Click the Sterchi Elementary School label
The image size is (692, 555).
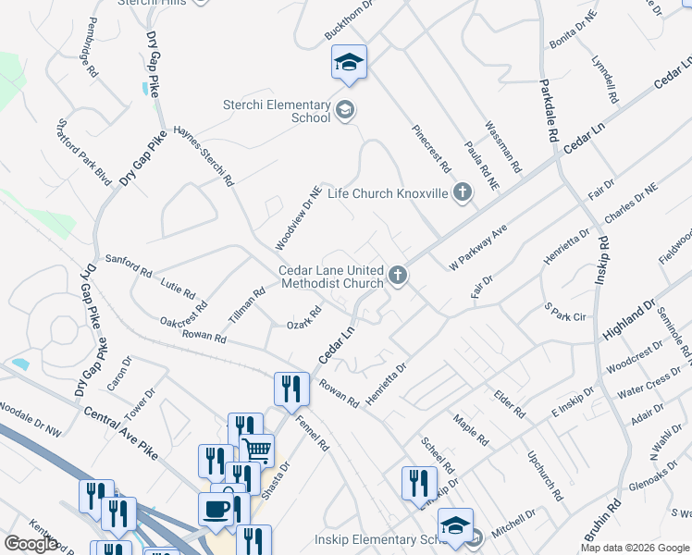click(x=276, y=111)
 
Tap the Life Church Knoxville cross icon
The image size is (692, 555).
click(x=463, y=192)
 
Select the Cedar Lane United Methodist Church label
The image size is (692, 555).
click(x=331, y=277)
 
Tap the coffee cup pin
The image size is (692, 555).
click(x=216, y=509)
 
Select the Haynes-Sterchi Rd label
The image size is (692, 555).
click(x=203, y=157)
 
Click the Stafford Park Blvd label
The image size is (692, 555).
click(x=84, y=151)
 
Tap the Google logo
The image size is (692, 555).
click(x=31, y=544)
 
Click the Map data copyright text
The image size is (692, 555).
click(x=634, y=548)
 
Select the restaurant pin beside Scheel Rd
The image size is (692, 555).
click(x=419, y=483)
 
